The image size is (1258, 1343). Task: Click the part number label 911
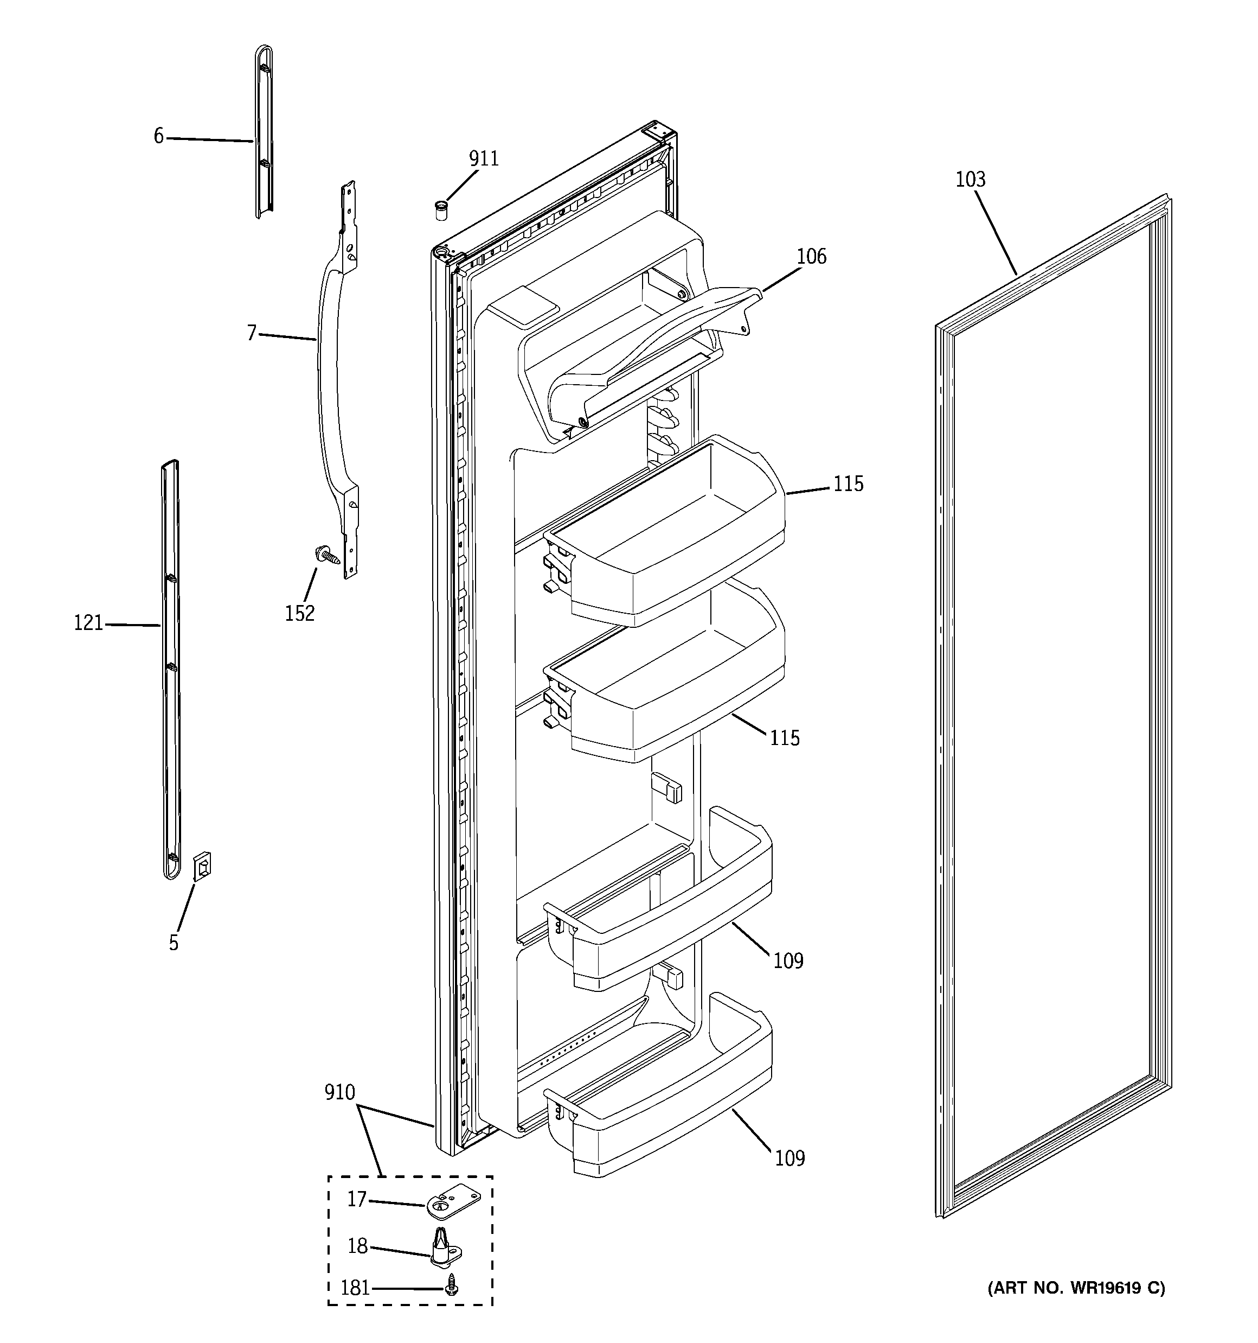click(x=484, y=159)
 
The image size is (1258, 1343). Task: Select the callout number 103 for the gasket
click(x=971, y=180)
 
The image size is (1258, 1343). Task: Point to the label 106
click(x=811, y=257)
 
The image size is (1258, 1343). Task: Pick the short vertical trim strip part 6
click(x=264, y=132)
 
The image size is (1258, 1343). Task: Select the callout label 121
click(x=88, y=623)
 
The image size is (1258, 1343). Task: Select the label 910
click(x=339, y=1092)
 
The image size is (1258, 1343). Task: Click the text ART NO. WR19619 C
click(x=1076, y=1288)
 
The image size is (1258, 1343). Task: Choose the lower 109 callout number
click(x=790, y=1159)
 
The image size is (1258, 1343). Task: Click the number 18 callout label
click(x=357, y=1246)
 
